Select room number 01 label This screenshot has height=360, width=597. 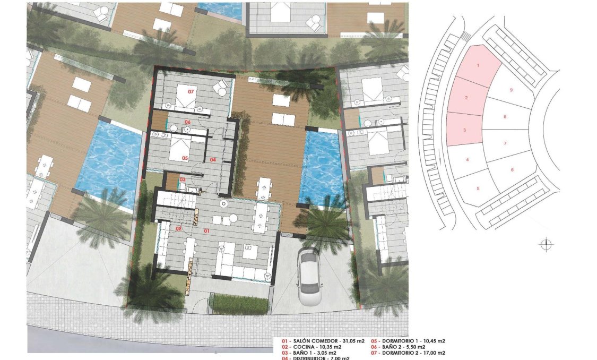[207, 231]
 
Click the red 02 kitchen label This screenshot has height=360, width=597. [179, 228]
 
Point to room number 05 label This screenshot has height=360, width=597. [185, 158]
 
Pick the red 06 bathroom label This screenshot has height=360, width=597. [187, 122]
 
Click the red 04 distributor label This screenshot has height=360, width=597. [213, 159]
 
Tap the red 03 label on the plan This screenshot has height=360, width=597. [182, 180]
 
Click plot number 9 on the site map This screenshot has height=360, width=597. [511, 90]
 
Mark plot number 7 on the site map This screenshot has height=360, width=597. [505, 143]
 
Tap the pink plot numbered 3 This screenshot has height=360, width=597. [464, 130]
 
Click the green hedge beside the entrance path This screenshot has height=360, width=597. [240, 304]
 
